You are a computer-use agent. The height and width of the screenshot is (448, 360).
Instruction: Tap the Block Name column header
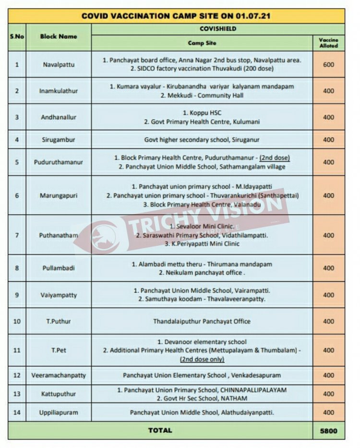(58, 36)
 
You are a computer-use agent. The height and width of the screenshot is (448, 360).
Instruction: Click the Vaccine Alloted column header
(329, 43)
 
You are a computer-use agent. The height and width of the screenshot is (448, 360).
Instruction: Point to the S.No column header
(17, 36)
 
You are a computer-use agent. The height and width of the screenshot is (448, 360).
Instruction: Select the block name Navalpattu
(58, 64)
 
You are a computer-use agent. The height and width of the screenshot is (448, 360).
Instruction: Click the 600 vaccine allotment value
(329, 64)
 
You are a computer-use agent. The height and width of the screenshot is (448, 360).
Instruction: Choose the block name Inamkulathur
(58, 91)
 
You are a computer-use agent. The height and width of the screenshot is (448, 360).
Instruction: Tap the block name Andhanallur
(58, 117)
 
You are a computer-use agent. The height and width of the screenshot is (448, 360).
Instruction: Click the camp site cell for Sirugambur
(202, 140)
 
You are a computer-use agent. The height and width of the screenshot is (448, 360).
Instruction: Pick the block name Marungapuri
(58, 195)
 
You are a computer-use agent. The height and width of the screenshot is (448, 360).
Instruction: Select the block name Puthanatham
(58, 235)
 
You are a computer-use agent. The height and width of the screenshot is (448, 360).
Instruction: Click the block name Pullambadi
(58, 268)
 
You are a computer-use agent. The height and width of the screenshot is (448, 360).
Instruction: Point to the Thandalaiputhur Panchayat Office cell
(202, 321)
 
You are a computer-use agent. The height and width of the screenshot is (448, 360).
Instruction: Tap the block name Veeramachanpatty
(58, 375)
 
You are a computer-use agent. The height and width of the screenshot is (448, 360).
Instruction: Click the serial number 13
(17, 394)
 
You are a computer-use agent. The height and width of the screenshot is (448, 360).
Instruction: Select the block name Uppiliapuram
(58, 412)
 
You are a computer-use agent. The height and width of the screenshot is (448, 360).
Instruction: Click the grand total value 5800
(329, 431)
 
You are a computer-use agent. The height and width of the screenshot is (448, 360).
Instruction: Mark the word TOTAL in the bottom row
(160, 430)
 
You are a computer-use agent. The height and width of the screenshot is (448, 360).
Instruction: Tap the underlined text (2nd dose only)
(202, 359)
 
